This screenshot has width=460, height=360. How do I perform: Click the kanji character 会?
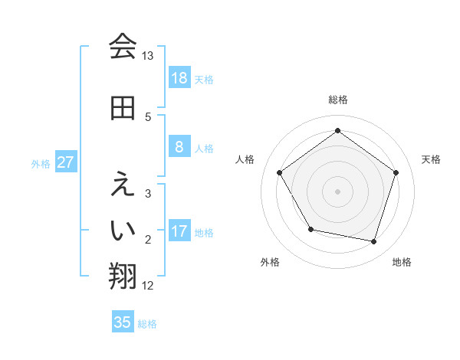tap(123, 47)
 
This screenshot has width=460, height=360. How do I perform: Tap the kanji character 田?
tap(123, 108)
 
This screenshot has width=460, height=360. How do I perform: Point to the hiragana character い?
tap(123, 228)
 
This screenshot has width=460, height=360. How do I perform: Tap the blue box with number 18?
tap(179, 78)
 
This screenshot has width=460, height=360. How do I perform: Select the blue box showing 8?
tap(179, 147)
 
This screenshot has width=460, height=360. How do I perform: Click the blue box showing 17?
tap(179, 231)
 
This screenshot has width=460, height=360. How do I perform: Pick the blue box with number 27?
tap(66, 162)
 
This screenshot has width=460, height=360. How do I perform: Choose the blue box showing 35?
tap(123, 322)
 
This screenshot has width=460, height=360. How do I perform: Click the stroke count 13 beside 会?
tap(148, 56)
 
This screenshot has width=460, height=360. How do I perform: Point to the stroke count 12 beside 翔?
tap(148, 286)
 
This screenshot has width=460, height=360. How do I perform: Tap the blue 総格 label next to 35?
tap(147, 324)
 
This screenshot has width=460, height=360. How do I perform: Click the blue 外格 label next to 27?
tap(41, 163)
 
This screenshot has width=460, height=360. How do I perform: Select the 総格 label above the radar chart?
tap(338, 100)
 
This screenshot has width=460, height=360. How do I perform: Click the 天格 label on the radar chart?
tap(432, 159)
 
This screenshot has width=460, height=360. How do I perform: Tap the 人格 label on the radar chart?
tap(245, 159)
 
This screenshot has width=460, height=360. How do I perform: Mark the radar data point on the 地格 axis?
tap(374, 241)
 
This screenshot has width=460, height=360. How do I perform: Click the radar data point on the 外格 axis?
tap(310, 229)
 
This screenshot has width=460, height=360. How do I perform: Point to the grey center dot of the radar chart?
tap(338, 191)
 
